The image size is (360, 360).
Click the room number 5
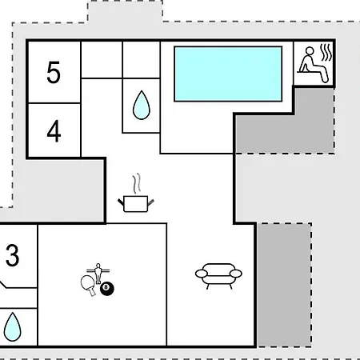pos(54,73)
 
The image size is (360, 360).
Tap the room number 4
pos(54,131)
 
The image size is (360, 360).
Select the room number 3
pos(13,256)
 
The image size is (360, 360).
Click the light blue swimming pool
pos(228,74)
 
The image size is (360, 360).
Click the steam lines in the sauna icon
pos(326,52)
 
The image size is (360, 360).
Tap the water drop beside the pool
pos(142,105)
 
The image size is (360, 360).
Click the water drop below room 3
pos(12,327)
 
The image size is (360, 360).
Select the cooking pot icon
pos(136,204)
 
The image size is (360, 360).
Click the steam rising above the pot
pos(137,183)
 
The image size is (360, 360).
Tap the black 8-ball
pos(106,288)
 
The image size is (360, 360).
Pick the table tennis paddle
pos(89,285)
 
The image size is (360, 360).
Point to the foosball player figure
pos(98,273)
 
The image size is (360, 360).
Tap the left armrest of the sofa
pos(202,274)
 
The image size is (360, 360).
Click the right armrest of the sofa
pos(236,274)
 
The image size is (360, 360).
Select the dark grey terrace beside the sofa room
pos(284,285)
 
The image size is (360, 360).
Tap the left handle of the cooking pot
pos(121,202)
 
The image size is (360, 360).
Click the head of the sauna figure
pos(310,51)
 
